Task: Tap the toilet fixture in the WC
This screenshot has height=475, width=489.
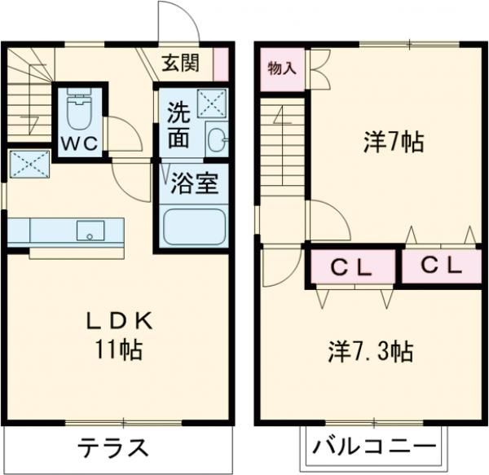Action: [x=80, y=112]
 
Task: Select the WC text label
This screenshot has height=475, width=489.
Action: [x=79, y=143]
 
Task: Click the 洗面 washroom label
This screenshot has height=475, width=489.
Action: [x=179, y=125]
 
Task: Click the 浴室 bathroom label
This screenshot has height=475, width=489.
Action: [x=193, y=184]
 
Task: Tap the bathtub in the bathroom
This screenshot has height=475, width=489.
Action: [x=193, y=226]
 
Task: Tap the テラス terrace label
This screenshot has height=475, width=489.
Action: [x=113, y=448]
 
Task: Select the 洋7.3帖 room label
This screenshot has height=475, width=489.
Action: [x=371, y=352]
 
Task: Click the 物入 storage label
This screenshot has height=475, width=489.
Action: [x=282, y=68]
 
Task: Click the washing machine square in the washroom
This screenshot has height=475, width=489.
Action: [x=214, y=103]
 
